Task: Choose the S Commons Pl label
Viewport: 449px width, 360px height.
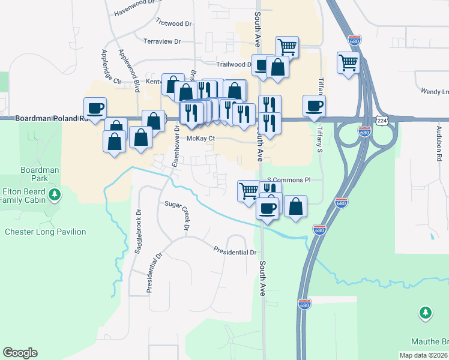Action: (x=289, y=179)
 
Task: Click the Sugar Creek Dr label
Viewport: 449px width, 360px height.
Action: (x=178, y=214)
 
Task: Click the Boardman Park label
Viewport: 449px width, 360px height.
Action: (x=40, y=174)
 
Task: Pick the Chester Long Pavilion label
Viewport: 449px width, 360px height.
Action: (x=45, y=232)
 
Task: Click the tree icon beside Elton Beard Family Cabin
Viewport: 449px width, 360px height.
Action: (x=55, y=194)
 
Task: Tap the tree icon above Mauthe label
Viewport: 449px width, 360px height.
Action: (x=425, y=312)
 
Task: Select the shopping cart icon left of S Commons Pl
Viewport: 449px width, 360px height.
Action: (x=249, y=191)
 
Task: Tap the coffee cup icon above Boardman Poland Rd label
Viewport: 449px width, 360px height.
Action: (x=95, y=108)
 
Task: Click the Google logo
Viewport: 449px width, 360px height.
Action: (x=20, y=353)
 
